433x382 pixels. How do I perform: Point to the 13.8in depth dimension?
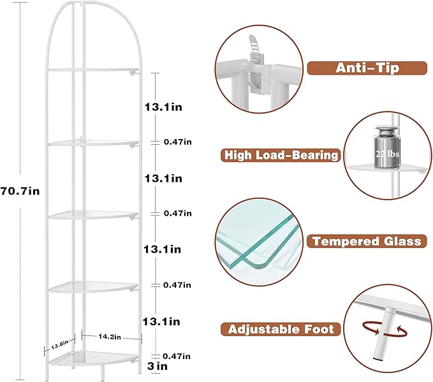[x=59, y=344]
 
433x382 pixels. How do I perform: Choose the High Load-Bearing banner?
[x=280, y=155]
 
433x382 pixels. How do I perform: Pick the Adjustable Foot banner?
[x=280, y=329]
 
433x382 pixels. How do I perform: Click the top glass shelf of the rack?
[x=94, y=70]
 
